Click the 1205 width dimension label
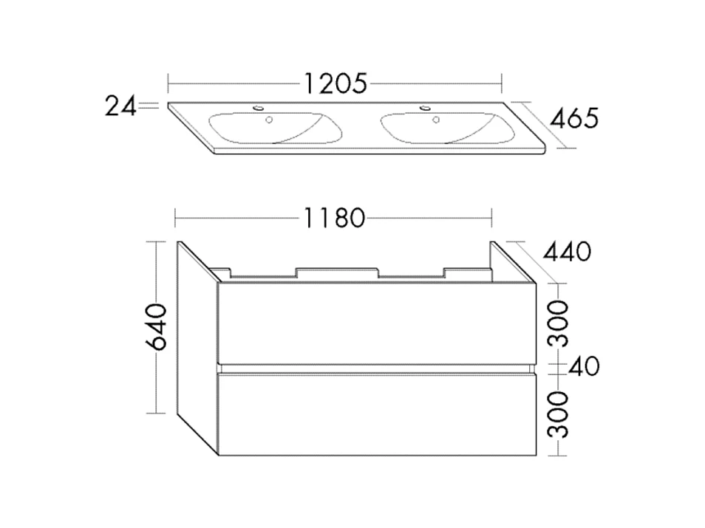click(x=335, y=83)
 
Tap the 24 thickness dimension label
click(x=121, y=107)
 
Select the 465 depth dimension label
click(x=572, y=118)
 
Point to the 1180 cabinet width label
click(x=333, y=218)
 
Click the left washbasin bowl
click(x=277, y=127)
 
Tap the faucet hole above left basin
click(x=258, y=109)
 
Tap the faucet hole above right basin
click(x=426, y=109)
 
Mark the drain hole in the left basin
click(x=270, y=119)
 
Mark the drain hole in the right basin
click(x=437, y=118)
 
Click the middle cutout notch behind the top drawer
click(x=339, y=272)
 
